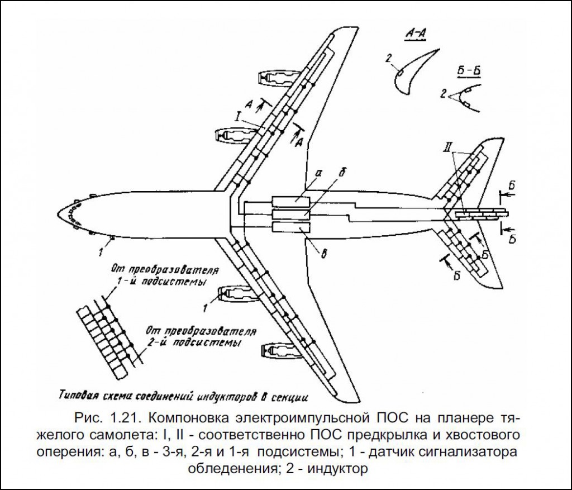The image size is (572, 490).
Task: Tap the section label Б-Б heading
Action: tap(469, 71)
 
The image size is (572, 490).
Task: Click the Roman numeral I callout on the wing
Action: tap(238, 116)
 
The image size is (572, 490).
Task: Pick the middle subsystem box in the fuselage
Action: tap(290, 215)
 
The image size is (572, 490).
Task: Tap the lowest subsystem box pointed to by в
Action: tap(290, 227)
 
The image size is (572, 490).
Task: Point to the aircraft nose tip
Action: tap(57, 214)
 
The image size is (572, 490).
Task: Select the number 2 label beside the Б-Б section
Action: tap(443, 94)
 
